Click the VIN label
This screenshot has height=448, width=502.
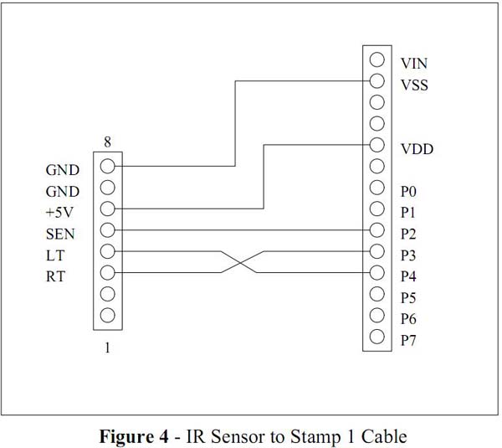coord(414,63)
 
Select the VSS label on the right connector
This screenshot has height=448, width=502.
coord(414,85)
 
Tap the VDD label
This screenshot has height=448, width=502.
coord(416,149)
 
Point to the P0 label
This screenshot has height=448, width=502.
coord(408,192)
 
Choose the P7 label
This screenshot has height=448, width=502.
coord(408,340)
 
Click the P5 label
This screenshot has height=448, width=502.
coord(408,297)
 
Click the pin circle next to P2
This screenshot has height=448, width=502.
coord(376,230)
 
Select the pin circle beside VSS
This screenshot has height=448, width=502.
coord(376,81)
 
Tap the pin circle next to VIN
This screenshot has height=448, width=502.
coord(376,60)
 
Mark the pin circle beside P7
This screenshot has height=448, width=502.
coord(376,337)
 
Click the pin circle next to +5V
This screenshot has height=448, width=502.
coord(107,209)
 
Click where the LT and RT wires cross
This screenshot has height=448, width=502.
coord(242,262)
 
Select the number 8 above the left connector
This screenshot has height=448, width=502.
coord(107,142)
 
